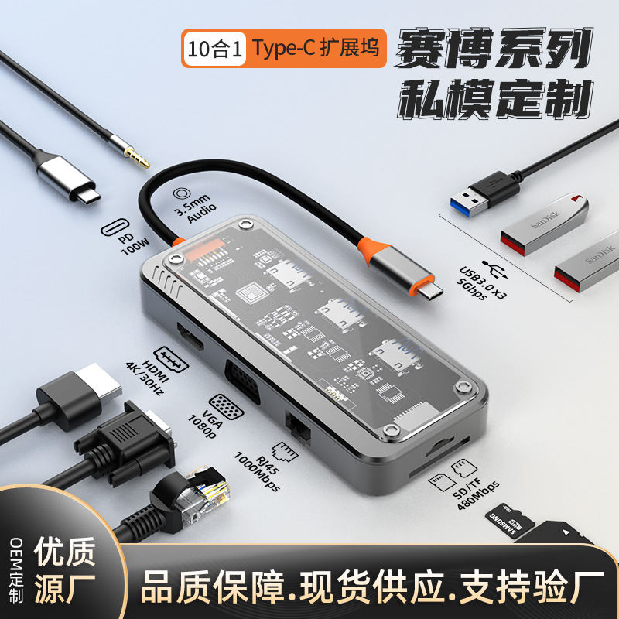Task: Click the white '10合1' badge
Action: pyautogui.click(x=214, y=49)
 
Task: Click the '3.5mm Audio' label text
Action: pyautogui.click(x=196, y=208)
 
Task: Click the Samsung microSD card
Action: pyautogui.click(x=510, y=520)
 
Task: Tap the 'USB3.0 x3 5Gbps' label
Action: pyautogui.click(x=482, y=283)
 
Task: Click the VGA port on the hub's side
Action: pyautogui.click(x=242, y=381)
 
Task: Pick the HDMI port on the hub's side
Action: pyautogui.click(x=190, y=337)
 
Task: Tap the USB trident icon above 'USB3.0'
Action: pyautogui.click(x=494, y=269)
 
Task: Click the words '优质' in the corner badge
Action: pyautogui.click(x=65, y=552)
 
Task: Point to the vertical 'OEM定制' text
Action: pyautogui.click(x=16, y=569)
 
